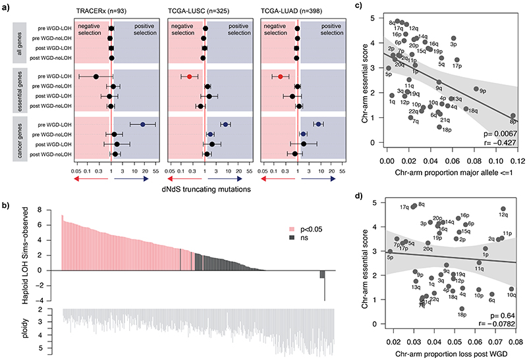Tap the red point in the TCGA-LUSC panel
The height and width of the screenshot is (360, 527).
189,76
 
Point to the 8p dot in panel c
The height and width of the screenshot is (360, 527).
512,115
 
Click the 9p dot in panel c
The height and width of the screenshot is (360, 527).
476,89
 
